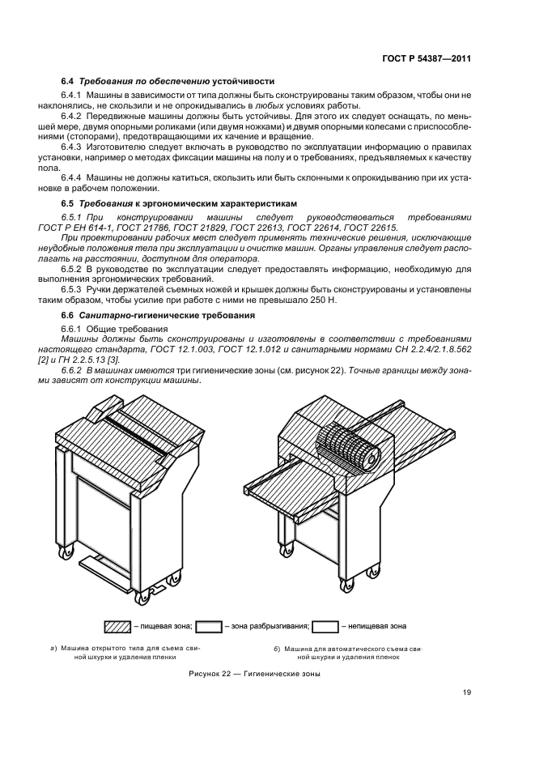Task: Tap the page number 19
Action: tap(467, 692)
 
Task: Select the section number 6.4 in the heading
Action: tap(68, 81)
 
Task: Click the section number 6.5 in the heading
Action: tap(68, 200)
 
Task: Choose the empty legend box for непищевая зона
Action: tap(325, 626)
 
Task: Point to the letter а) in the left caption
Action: tap(53, 649)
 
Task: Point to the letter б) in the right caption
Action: tap(277, 649)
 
